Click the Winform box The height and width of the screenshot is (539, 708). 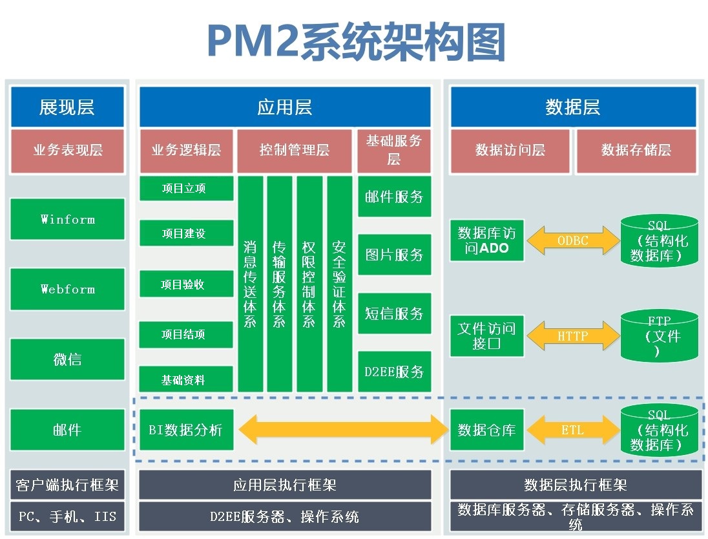point(67,219)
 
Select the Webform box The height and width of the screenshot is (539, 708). point(67,289)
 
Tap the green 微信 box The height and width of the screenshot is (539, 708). point(67,359)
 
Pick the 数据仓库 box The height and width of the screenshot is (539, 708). point(486,430)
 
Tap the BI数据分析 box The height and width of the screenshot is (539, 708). point(186,430)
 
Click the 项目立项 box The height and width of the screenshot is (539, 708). point(186,189)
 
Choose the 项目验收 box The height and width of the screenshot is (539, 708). point(186,284)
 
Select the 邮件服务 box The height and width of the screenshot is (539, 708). point(394,197)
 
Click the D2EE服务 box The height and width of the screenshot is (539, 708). point(394,372)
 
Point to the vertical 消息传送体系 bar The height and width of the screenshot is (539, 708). point(250,284)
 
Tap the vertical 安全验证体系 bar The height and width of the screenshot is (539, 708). point(339,284)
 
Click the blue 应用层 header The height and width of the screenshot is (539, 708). point(285,107)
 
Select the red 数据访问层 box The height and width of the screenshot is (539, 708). point(510,151)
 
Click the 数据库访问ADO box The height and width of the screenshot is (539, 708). point(486,240)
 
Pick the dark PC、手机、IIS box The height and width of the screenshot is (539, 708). point(67,517)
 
